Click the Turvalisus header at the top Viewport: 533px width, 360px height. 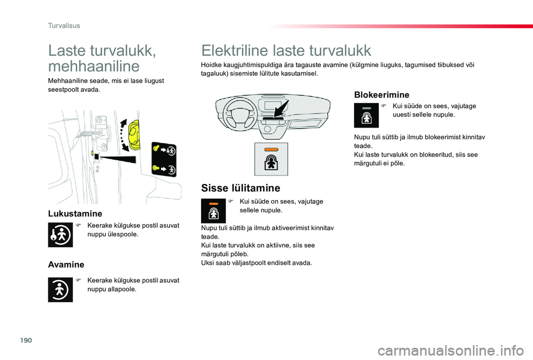pos(64,26)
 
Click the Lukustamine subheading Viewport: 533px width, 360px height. pos(75,213)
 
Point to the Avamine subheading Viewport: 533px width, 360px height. pos(66,265)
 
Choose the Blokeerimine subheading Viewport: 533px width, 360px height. pos(381,95)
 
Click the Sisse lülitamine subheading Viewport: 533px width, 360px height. pos(240,188)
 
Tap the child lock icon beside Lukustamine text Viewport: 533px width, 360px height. pos(60,234)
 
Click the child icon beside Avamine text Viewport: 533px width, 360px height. pos(60,290)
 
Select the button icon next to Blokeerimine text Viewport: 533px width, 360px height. pos(366,115)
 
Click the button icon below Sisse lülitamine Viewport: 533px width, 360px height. pos(213,211)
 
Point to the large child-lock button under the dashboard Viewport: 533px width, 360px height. pos(271,159)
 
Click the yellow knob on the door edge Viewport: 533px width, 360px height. pos(135,135)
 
